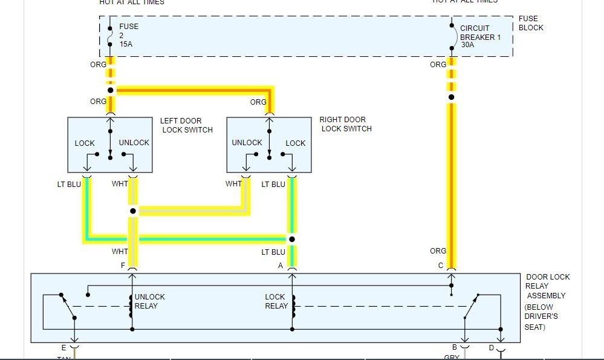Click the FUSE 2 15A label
click(x=128, y=36)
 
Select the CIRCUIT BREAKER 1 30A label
click(x=481, y=36)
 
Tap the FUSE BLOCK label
click(x=531, y=23)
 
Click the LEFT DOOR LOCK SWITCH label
click(x=186, y=125)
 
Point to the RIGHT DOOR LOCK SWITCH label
click(x=345, y=124)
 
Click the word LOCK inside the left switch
click(x=85, y=143)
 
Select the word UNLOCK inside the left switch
click(x=134, y=143)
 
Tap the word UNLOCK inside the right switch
click(x=247, y=143)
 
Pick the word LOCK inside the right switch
click(x=296, y=143)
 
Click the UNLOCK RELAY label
click(x=149, y=301)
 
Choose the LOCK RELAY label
click(x=275, y=301)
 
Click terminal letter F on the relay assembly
click(x=123, y=265)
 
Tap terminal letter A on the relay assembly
click(x=281, y=265)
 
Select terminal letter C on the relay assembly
click(x=441, y=265)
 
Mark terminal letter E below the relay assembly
click(x=63, y=347)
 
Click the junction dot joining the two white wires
click(x=132, y=211)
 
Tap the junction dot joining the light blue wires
click(x=292, y=239)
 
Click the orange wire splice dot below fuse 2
click(x=111, y=90)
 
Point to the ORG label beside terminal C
click(x=438, y=250)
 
